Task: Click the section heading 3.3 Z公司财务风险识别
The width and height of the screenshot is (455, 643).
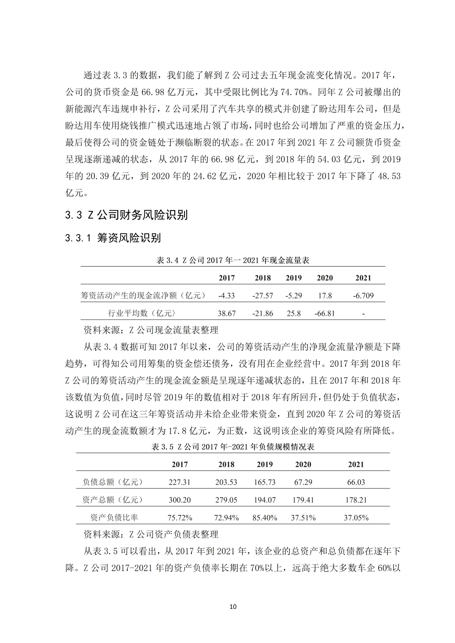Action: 126,216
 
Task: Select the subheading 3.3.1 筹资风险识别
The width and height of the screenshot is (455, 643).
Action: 112,238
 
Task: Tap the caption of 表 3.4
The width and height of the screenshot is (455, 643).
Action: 233,260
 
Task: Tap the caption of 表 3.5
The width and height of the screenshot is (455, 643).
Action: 233,447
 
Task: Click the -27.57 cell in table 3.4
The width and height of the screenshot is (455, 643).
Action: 262,296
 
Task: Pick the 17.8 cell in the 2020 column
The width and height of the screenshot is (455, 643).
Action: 324,296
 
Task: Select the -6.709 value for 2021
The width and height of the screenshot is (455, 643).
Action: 363,296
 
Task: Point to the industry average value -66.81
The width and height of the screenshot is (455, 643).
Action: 324,313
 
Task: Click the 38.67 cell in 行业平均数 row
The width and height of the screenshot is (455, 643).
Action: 227,313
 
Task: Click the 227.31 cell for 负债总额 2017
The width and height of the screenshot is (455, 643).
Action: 179,482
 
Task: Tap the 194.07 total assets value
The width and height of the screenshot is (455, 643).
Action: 265,500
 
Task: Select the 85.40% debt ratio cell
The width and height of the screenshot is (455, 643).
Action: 265,518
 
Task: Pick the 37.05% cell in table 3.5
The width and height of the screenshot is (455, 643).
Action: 356,518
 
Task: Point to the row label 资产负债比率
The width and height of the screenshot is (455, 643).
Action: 114,518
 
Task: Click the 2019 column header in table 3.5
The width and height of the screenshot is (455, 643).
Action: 265,464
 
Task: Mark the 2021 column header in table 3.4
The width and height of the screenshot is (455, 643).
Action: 363,278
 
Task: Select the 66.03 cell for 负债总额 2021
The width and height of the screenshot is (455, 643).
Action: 356,482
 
